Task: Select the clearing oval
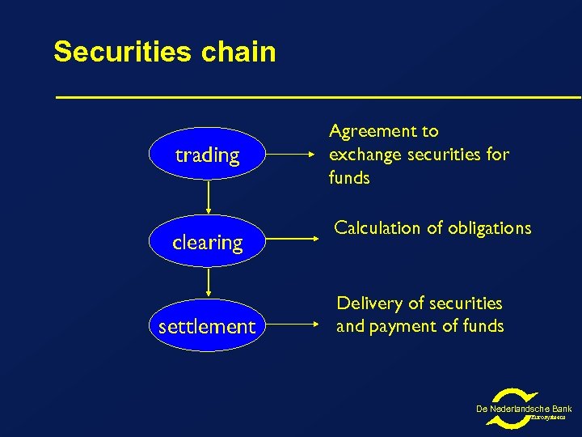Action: [208, 242]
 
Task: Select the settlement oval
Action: [207, 327]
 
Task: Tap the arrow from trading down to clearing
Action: [209, 197]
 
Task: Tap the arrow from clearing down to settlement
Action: [209, 283]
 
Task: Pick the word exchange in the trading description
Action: [365, 155]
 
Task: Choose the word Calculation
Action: [377, 228]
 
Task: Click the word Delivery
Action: [367, 303]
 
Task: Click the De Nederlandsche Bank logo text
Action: [524, 409]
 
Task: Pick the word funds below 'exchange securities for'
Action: [348, 177]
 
